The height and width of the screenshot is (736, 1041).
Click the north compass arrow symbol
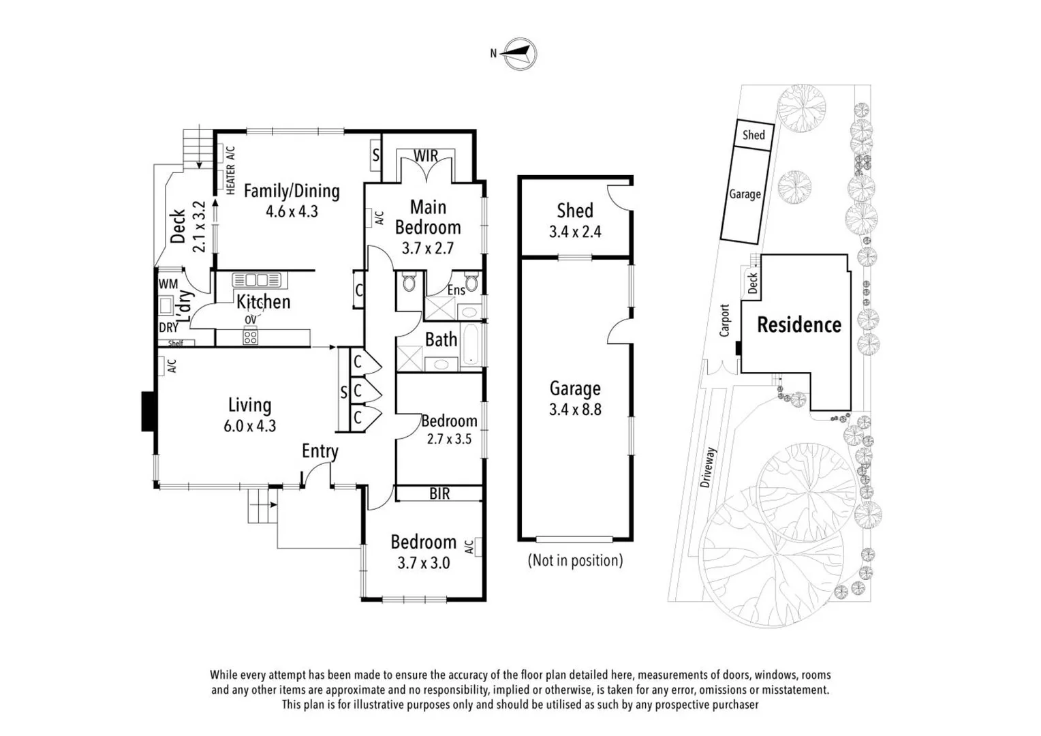pos(520,54)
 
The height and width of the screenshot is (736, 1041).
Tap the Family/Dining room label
pos(292,191)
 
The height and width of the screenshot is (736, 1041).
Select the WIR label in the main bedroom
pos(426,156)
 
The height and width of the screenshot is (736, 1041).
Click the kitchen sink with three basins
pos(257,280)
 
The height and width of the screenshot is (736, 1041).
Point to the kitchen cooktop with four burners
pos(251,337)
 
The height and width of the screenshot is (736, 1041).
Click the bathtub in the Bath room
pos(471,344)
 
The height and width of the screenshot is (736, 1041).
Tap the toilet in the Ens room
pos(471,283)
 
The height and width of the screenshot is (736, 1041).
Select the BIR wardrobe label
pos(439,494)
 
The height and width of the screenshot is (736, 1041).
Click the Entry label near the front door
pos(320,451)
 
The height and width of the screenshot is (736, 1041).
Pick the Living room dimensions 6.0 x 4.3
pos(249,426)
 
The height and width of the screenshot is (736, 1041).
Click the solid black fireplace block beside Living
pos(149,412)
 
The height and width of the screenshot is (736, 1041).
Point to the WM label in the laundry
pos(168,284)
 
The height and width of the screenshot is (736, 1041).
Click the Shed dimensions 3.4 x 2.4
pos(575,232)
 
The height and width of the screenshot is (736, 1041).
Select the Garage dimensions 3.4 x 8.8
pos(575,410)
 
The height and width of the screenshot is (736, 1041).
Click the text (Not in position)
pos(575,560)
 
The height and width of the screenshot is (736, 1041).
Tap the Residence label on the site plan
pos(799,324)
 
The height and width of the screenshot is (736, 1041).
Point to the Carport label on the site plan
pos(724,321)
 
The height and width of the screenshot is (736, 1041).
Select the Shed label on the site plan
pos(753,136)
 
